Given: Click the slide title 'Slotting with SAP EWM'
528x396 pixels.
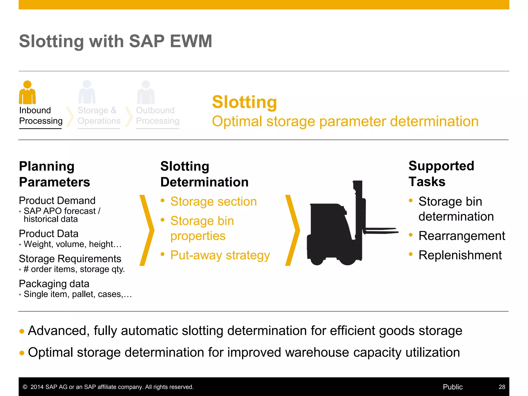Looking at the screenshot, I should coord(115,41).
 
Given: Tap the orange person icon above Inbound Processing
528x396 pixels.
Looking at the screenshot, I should coord(27,92).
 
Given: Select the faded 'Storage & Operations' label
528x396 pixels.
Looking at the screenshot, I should coord(99,115).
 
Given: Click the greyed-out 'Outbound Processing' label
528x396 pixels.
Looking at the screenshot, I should coord(158,115).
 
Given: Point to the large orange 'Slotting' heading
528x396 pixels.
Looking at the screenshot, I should coord(244,102).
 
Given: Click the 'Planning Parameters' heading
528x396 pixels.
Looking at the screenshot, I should coord(54,174).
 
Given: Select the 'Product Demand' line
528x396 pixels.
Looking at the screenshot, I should coord(57,201).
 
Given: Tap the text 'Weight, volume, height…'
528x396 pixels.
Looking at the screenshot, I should coord(72,244).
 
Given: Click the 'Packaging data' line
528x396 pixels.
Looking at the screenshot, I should coord(54,284).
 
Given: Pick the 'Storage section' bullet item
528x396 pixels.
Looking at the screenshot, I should coord(213,202).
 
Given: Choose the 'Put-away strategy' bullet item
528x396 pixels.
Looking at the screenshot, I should coord(220,255).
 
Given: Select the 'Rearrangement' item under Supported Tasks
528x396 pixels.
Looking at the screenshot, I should coord(461,236).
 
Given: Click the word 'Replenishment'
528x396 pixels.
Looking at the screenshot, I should coord(460,255).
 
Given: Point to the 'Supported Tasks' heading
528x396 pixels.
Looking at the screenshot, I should coord(441,174).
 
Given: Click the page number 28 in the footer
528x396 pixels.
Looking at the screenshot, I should coord(502,387).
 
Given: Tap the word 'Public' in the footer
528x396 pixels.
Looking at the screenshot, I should coord(452,387).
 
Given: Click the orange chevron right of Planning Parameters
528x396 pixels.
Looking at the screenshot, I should coord(147,230).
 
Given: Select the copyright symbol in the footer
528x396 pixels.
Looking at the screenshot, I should coord(25,387).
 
